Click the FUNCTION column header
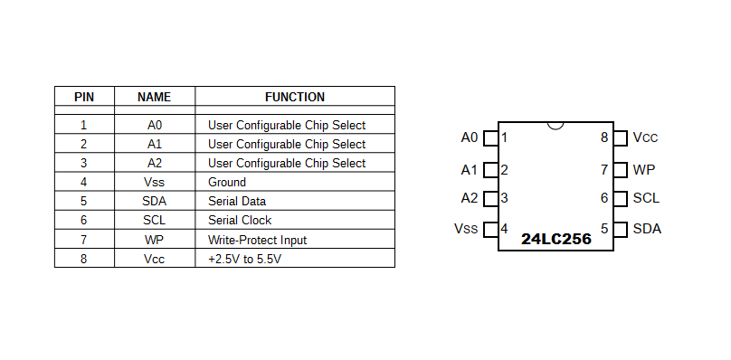pyautogui.click(x=294, y=97)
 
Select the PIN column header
pyautogui.click(x=84, y=97)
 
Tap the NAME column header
pyautogui.click(x=154, y=97)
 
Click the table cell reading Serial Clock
pyautogui.click(x=240, y=220)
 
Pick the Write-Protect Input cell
pyautogui.click(x=257, y=240)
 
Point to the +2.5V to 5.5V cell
pyautogui.click(x=245, y=259)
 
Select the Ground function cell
pyautogui.click(x=227, y=182)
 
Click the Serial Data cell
pyautogui.click(x=237, y=201)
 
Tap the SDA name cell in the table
pyautogui.click(x=155, y=201)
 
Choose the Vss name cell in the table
pyautogui.click(x=155, y=182)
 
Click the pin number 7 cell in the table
pyautogui.click(x=84, y=240)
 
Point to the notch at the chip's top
pyautogui.click(x=555, y=125)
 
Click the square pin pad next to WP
pyautogui.click(x=621, y=169)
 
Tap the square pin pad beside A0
pyautogui.click(x=490, y=138)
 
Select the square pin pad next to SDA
pyautogui.click(x=621, y=229)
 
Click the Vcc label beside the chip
pyautogui.click(x=645, y=137)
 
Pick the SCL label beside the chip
pyautogui.click(x=646, y=198)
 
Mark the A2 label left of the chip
pyautogui.click(x=469, y=198)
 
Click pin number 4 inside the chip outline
pyautogui.click(x=505, y=228)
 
